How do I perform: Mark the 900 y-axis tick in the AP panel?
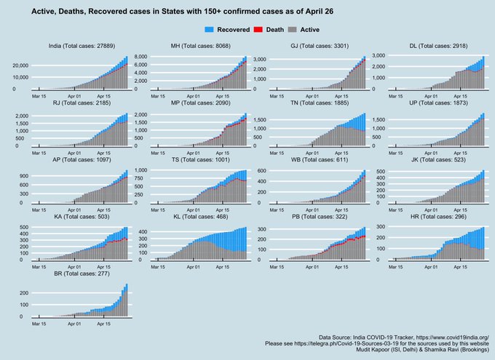(x=23, y=176)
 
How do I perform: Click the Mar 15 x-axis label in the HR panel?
(x=392, y=266)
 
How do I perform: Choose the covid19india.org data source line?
(x=403, y=337)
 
